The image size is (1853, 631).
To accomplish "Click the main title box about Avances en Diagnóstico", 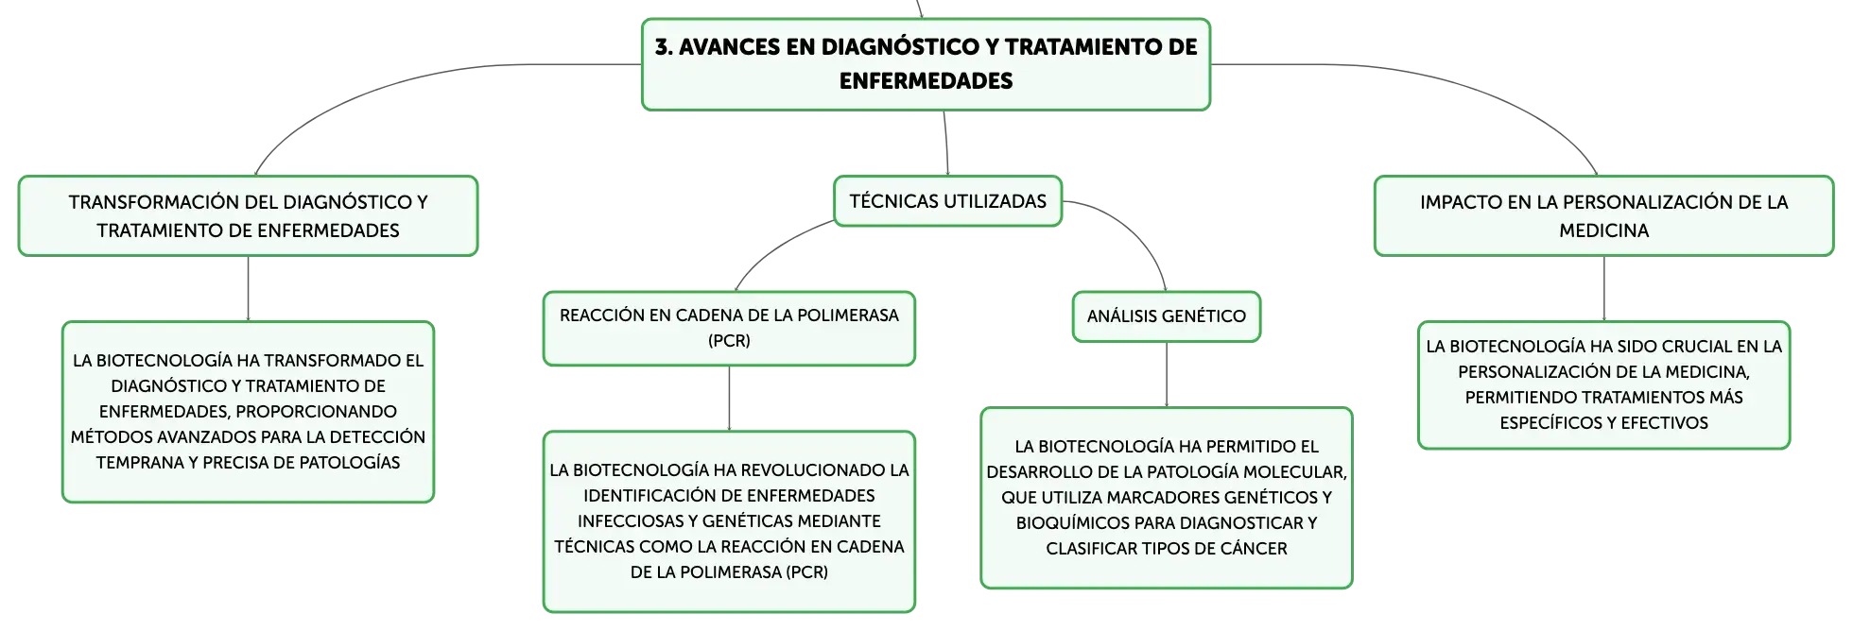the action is click(x=926, y=64).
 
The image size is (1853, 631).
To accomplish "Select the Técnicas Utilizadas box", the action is click(x=947, y=201).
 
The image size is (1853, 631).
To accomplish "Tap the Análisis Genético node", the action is click(x=1167, y=316).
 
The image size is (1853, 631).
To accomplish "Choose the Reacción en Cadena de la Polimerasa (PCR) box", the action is click(x=729, y=328).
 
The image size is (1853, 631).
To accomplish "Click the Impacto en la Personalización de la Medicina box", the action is click(x=1603, y=215).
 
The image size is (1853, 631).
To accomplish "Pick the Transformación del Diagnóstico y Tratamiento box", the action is click(x=248, y=215).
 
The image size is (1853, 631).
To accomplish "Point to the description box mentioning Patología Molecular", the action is click(x=1167, y=498).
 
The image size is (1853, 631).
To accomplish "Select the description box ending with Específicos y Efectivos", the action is click(x=1603, y=384).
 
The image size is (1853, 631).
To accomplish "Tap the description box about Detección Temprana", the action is click(x=248, y=412).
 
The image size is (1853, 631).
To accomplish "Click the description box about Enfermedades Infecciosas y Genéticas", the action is click(x=729, y=521).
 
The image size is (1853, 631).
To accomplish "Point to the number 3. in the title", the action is click(x=664, y=47).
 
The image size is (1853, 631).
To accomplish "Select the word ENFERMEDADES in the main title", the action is click(x=926, y=81).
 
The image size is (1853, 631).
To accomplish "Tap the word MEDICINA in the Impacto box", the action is click(x=1603, y=230).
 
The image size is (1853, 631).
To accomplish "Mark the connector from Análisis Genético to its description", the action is click(x=1167, y=375).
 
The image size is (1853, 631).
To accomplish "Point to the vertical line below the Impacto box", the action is click(x=1604, y=289).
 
